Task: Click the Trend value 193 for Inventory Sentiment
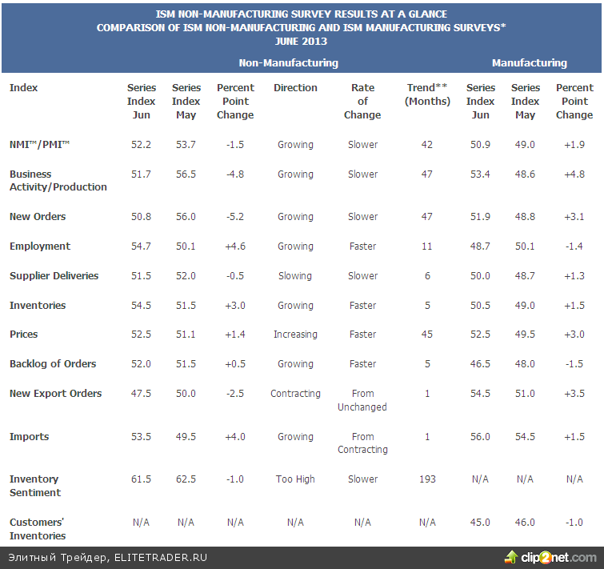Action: click(427, 479)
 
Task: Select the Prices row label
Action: click(24, 335)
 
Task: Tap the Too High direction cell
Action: click(295, 479)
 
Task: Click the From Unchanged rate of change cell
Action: click(362, 400)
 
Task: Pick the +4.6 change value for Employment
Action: click(235, 246)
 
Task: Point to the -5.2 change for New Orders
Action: click(235, 217)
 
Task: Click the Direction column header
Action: click(295, 88)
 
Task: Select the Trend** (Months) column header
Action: click(427, 94)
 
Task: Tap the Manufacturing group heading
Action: click(529, 63)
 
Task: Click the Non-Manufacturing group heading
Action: click(288, 63)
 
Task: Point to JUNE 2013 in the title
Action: click(301, 42)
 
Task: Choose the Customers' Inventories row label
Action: click(38, 529)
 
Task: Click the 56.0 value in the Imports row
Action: click(481, 437)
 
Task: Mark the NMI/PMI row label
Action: click(39, 145)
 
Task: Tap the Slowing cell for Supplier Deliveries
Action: click(295, 276)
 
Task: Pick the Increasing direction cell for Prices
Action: click(295, 335)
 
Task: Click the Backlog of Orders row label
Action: click(53, 364)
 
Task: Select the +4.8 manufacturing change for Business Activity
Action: click(574, 174)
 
